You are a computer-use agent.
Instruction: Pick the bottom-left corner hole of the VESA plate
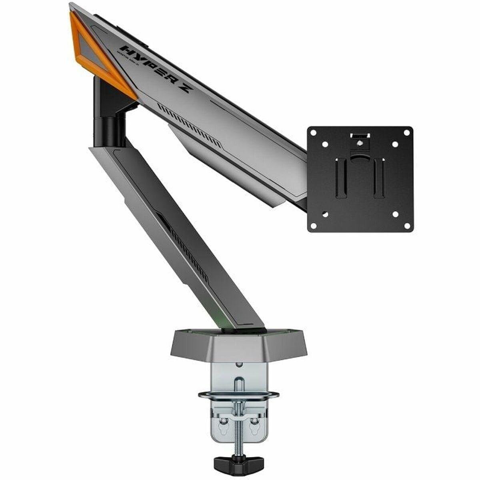[x=325, y=214]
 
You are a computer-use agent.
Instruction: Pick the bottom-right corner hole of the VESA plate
[x=395, y=214]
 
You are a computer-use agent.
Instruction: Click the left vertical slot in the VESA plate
[x=340, y=178]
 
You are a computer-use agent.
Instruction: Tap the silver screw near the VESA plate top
[x=360, y=143]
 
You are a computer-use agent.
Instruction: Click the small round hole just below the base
[x=239, y=364]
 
